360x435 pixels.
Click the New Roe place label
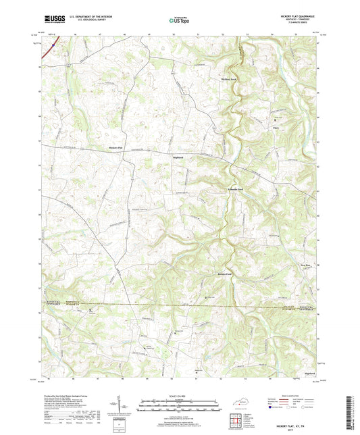pos(305,265)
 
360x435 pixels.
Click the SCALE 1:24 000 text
pos(180,396)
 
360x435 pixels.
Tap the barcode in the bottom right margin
pos(350,412)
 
